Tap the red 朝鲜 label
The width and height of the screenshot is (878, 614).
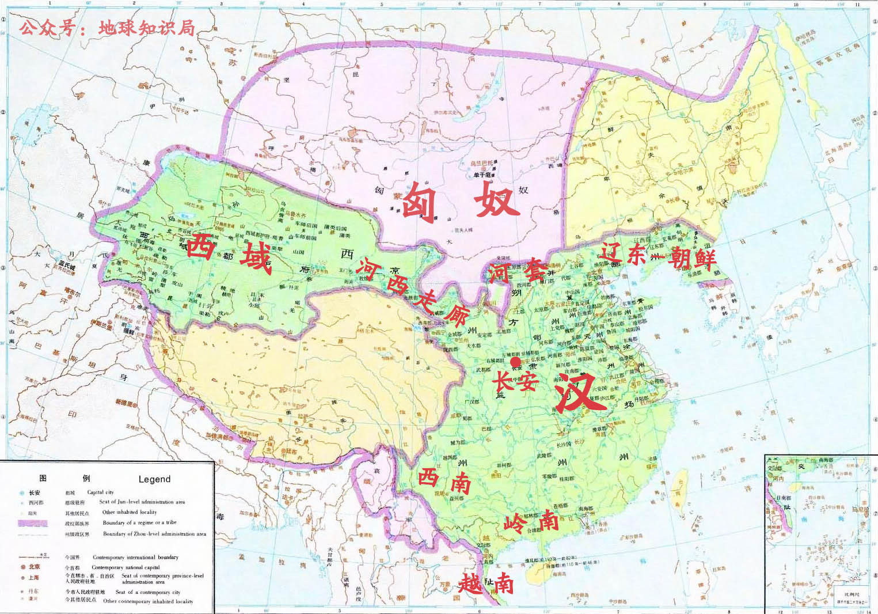691,259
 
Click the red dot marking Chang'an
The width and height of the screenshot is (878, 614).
516,362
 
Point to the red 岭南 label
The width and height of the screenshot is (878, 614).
531,522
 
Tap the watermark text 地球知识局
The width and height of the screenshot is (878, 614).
146,27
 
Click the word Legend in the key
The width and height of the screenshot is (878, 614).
154,479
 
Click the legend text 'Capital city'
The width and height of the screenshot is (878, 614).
101,492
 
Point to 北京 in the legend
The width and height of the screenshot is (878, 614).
34,567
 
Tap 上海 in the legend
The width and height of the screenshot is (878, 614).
34,577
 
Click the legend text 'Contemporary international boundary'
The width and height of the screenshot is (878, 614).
135,558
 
